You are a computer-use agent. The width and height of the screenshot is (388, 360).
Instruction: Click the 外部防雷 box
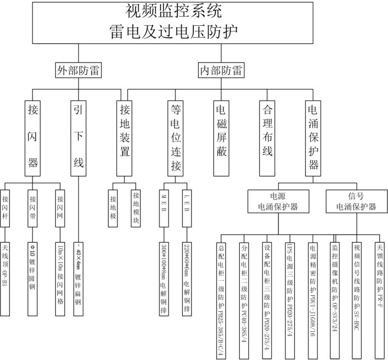(x=79, y=71)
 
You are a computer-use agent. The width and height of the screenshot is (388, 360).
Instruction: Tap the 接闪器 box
(x=32, y=136)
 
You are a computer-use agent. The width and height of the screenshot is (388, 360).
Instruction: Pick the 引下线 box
(x=78, y=136)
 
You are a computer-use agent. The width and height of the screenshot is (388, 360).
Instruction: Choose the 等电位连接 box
(x=176, y=137)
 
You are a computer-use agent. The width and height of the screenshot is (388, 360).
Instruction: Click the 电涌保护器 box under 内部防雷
(x=313, y=137)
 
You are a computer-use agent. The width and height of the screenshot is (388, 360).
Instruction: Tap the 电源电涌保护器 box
(x=278, y=201)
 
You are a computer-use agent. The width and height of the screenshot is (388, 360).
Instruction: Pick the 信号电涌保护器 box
(x=356, y=201)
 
